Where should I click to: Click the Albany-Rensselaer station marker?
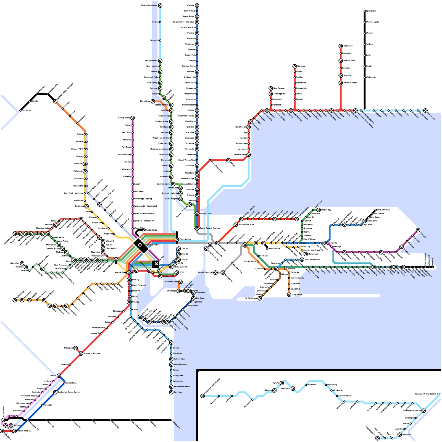tap(160, 6)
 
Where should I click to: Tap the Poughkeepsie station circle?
tap(160, 61)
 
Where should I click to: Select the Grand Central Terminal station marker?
tap(197, 228)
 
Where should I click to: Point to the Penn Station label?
tap(185, 239)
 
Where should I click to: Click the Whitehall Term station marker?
tap(180, 282)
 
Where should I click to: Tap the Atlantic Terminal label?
tap(205, 273)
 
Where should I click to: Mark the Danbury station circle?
tap(295, 66)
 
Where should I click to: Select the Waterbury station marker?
tap(341, 46)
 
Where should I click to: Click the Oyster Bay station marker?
tap(319, 210)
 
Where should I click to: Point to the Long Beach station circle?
tap(289, 295)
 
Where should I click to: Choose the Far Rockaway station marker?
tap(260, 298)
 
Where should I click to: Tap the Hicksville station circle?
tap(326, 243)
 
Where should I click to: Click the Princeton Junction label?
tap(92, 354)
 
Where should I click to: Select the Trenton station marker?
tap(59, 376)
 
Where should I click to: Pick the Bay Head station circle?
tap(171, 392)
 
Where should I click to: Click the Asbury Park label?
tap(179, 359)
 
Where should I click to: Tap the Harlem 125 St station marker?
tap(197, 214)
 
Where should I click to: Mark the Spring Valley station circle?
tap(133, 118)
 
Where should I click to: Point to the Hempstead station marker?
tap(306, 254)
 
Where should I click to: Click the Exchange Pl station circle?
tap(160, 276)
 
